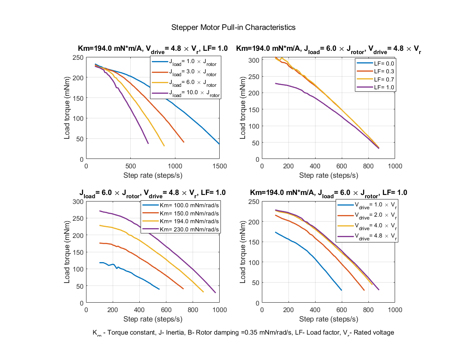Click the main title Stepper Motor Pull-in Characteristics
pos(234,27)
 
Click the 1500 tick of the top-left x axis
pos(219,166)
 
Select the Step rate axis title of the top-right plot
pos(328,175)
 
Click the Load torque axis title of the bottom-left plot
pos(67,252)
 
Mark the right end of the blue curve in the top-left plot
pos(219,144)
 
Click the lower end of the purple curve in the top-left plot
pos(148,143)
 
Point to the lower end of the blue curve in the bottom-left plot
pos(159,289)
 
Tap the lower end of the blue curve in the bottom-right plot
pos(341,290)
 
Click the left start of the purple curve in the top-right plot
pos(275,84)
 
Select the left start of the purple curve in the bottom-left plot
pos(100,211)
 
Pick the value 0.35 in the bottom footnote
pos(244,333)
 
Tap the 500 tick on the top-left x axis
pos(130,166)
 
